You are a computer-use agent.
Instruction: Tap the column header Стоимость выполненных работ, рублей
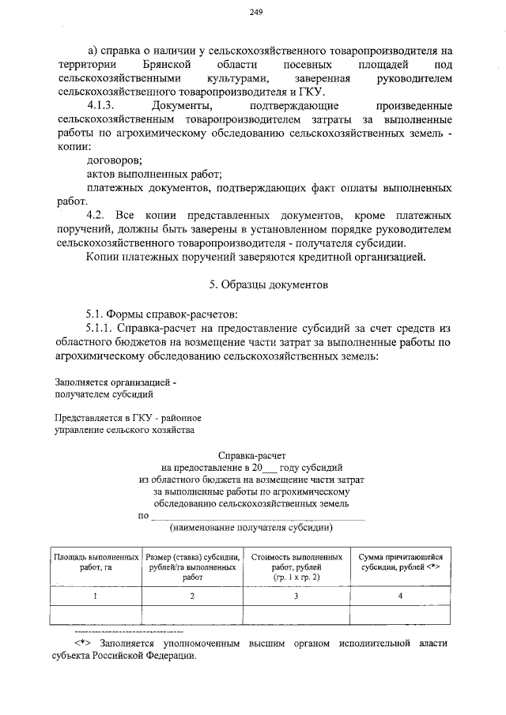click(296, 562)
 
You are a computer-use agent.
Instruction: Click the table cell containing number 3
click(296, 596)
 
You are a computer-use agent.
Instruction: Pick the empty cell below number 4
click(401, 615)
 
